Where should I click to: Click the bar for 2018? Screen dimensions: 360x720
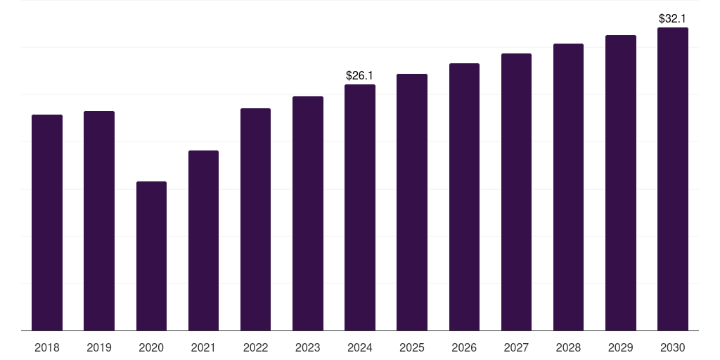47,222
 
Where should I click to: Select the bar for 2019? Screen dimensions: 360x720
99,221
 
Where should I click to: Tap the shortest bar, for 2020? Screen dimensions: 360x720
151,256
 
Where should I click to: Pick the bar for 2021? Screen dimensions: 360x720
203,240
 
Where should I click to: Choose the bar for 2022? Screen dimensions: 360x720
255,219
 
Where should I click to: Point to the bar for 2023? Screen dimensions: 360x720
308,213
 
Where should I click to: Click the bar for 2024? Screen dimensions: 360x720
360,207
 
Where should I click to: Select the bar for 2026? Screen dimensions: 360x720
464,197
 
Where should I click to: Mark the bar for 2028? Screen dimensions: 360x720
568,187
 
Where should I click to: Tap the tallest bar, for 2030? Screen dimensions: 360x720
673,179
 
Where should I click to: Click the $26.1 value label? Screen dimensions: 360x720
360,75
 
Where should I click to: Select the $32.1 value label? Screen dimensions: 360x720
673,18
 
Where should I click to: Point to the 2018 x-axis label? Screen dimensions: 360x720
47,347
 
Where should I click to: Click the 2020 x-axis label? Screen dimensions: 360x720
151,347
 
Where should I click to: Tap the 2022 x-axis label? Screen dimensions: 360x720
255,347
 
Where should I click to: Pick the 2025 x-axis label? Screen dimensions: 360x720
412,347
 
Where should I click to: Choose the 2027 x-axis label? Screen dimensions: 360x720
516,347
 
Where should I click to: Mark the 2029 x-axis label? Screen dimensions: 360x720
621,347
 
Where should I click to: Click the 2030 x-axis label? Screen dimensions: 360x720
673,347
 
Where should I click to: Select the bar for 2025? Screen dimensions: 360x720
412,202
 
